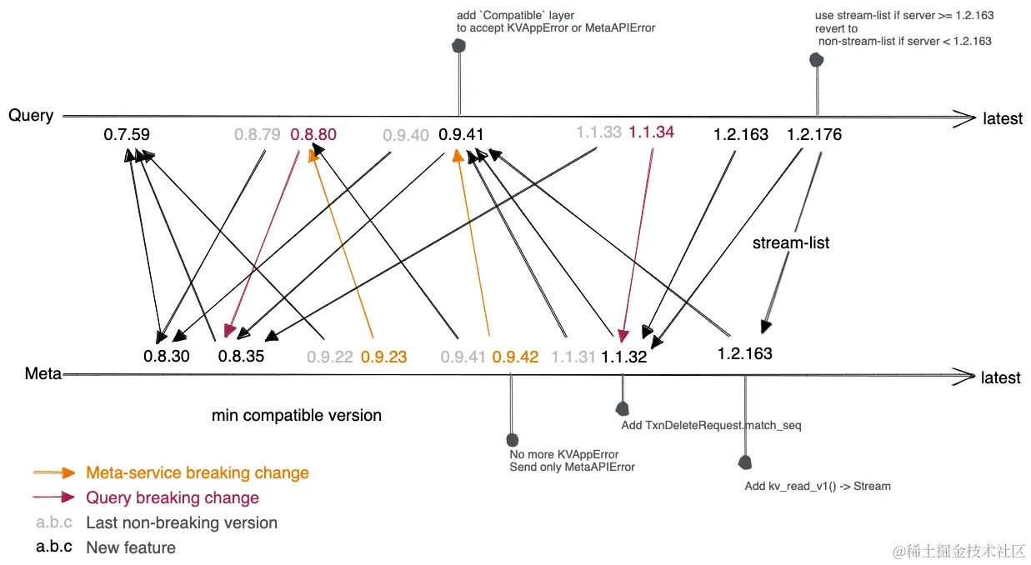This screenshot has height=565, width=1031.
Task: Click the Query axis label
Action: tap(31, 116)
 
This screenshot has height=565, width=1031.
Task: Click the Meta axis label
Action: tap(43, 374)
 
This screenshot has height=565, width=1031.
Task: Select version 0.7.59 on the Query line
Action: tap(127, 134)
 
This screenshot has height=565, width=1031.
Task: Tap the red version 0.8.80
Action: tap(313, 134)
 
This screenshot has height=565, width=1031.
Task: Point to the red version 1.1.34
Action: tap(651, 132)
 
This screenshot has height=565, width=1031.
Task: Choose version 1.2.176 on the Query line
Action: tap(814, 134)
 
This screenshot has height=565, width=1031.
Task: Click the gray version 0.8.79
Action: tap(257, 134)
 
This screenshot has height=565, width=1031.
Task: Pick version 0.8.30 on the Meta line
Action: tap(167, 357)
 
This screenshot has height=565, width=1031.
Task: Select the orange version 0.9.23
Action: tap(383, 357)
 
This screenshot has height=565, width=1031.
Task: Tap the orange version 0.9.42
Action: tap(515, 357)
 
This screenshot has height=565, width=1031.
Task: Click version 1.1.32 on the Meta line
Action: tap(624, 357)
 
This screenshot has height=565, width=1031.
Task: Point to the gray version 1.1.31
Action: tap(573, 357)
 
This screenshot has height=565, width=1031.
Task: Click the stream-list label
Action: tap(791, 243)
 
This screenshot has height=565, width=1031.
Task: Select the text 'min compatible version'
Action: tap(297, 415)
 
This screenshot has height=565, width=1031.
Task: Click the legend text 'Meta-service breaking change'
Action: tap(198, 473)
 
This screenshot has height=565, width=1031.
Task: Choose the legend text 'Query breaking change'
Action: tap(173, 498)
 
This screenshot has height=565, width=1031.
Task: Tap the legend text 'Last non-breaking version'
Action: tap(182, 523)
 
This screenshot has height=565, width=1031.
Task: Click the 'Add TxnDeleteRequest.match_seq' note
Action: tap(712, 426)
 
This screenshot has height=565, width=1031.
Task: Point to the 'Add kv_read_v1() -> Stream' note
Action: tap(818, 486)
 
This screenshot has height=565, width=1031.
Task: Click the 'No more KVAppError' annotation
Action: tap(564, 455)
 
